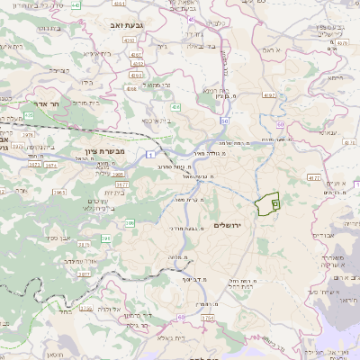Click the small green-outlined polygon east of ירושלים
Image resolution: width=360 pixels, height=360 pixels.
coord(267,204)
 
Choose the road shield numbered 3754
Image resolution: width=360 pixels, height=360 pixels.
coord(208,318)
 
